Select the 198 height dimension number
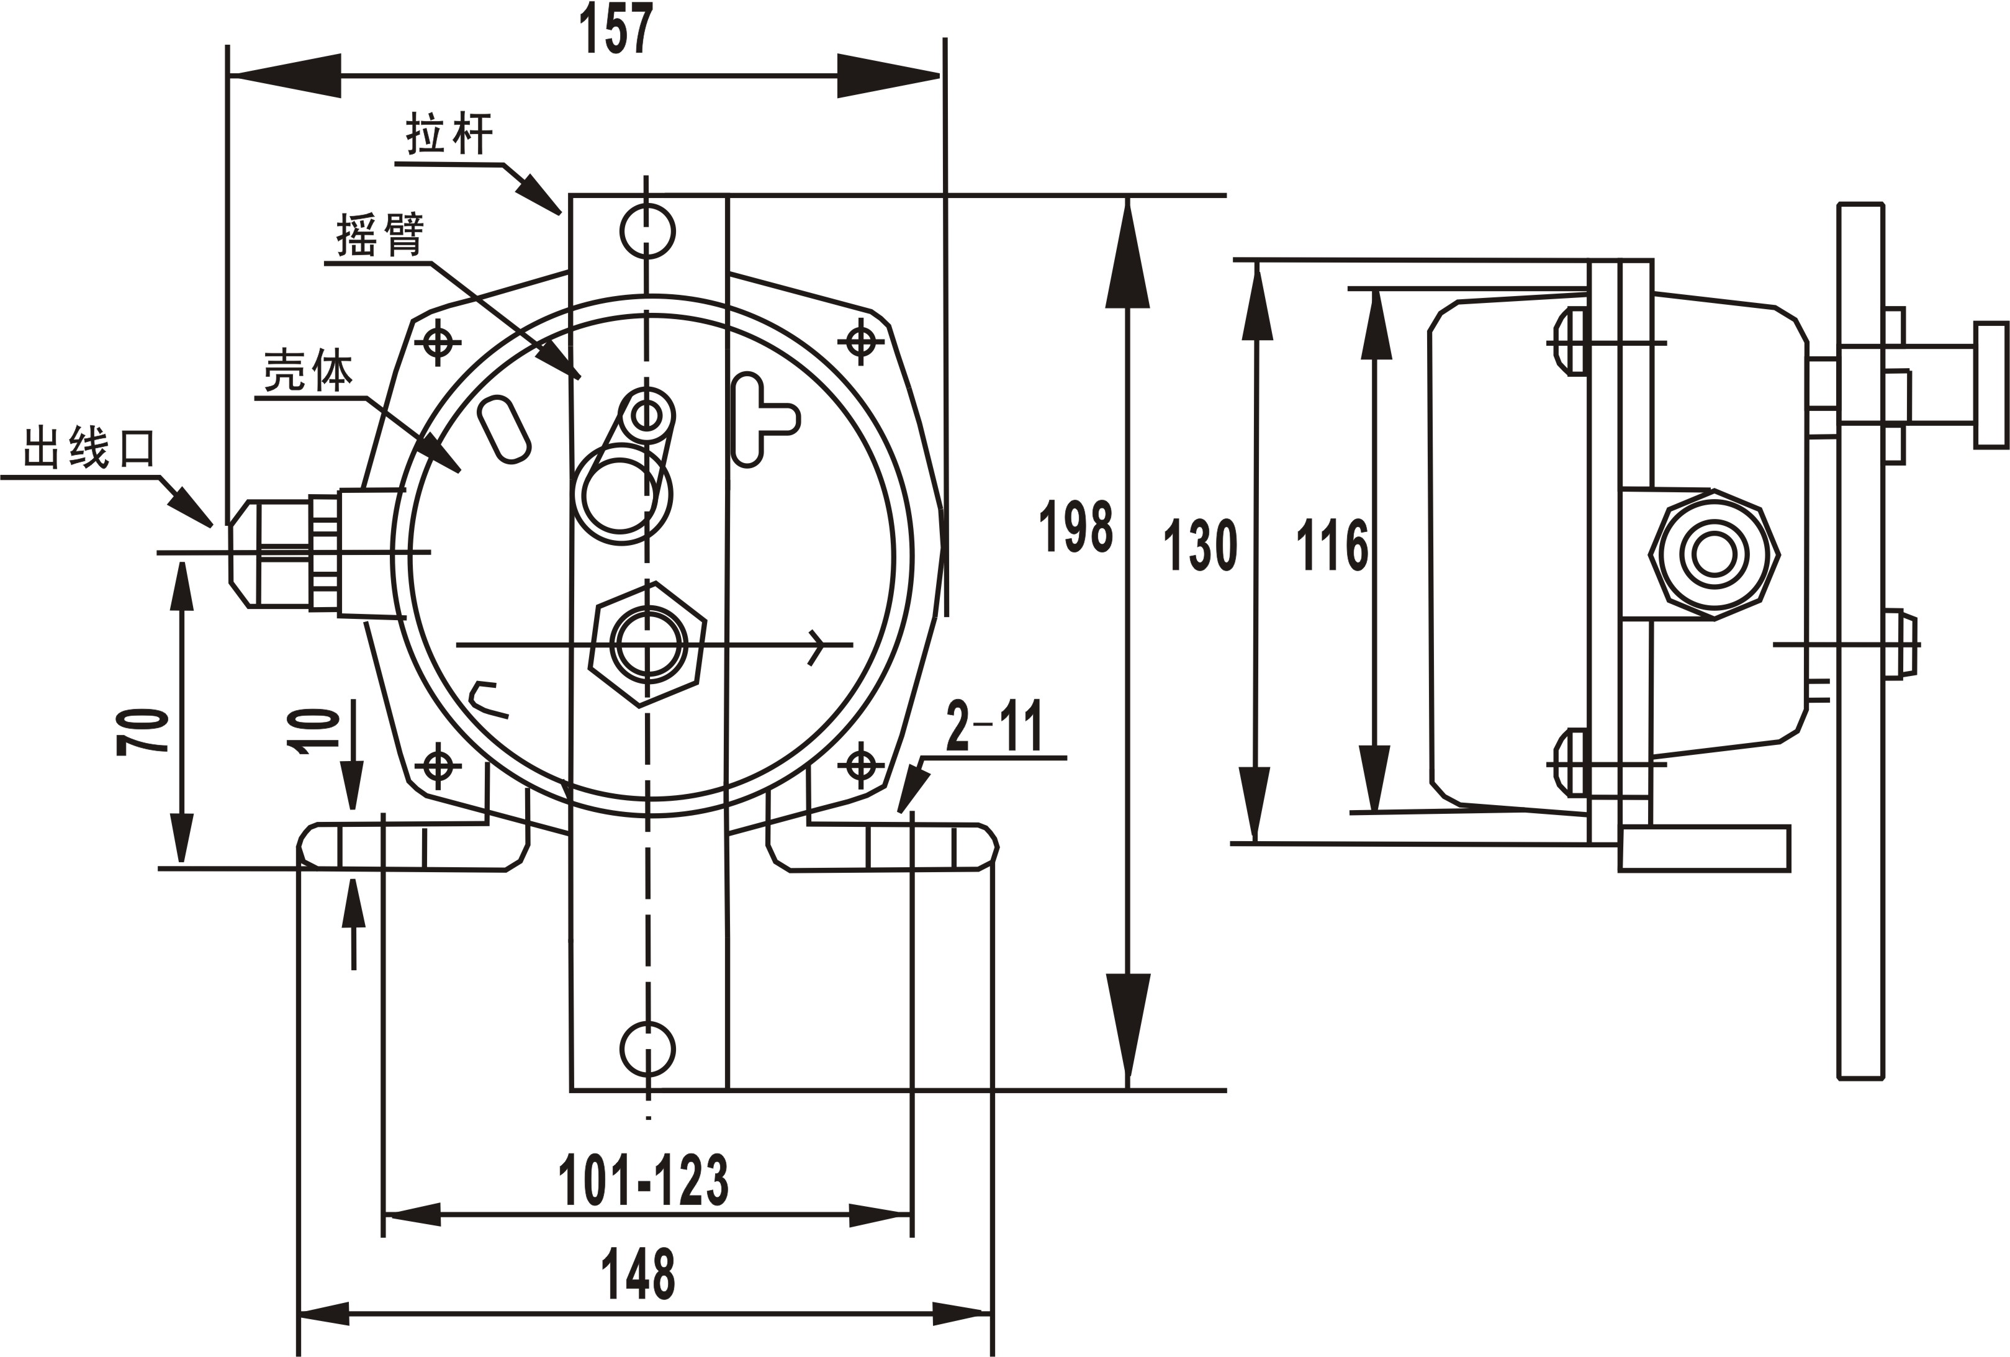1075,526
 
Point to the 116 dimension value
1332,545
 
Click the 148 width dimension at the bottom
638,1274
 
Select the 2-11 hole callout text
994,728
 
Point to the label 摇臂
381,235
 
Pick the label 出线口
89,448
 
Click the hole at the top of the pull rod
647,231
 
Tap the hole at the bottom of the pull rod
647,1048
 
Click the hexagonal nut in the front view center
647,644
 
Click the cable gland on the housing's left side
286,554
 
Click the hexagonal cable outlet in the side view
1713,554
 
